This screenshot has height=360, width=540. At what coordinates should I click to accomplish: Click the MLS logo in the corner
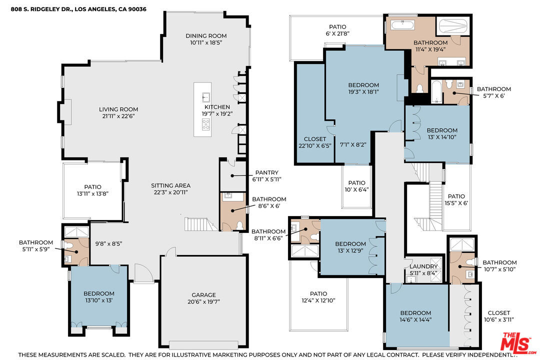(518, 343)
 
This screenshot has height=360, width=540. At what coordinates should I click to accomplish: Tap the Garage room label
(204, 295)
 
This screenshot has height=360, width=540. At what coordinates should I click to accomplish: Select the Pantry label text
(266, 172)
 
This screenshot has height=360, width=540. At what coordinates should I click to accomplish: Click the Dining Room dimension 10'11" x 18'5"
(206, 42)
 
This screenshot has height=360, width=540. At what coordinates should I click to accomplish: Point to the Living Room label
(118, 109)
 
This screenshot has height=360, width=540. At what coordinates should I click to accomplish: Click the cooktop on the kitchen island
(206, 124)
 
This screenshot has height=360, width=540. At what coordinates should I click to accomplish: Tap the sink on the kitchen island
(206, 97)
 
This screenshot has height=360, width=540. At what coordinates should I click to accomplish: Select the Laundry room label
(423, 266)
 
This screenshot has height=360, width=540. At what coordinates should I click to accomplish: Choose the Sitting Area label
(171, 185)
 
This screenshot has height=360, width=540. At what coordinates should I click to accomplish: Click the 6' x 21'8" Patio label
(337, 27)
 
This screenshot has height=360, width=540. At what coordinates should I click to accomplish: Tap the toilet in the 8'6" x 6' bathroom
(239, 225)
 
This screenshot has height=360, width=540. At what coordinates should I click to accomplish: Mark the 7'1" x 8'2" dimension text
(352, 145)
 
